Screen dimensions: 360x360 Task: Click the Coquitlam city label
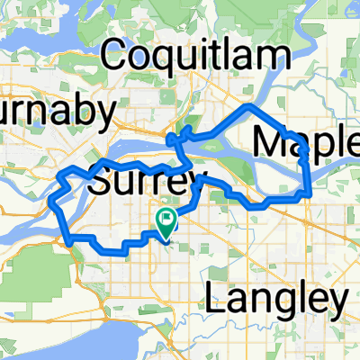point(185,57)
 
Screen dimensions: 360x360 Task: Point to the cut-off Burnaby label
point(58,113)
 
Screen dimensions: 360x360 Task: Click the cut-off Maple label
point(306,141)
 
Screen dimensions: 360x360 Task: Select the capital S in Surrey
point(102,184)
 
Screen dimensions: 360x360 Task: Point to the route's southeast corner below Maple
point(310,193)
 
